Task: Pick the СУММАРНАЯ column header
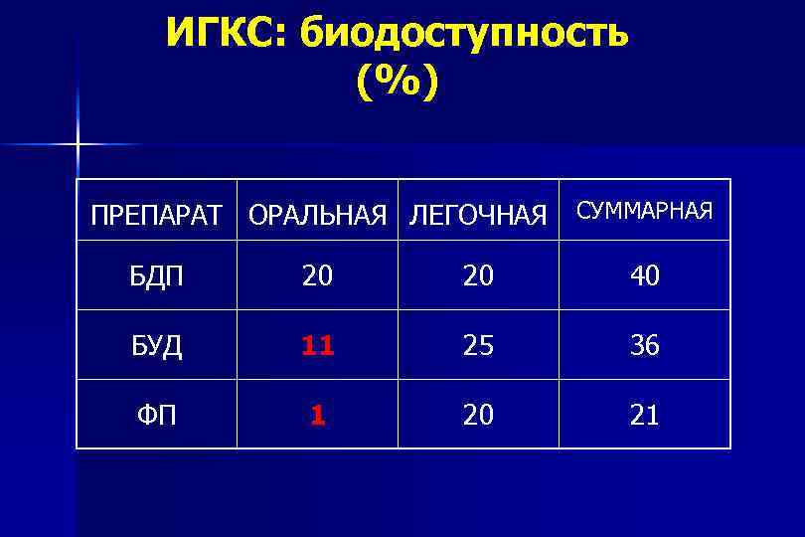coord(645,210)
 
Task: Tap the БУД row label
coord(157,346)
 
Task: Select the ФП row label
coord(157,415)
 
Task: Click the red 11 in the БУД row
coord(317,346)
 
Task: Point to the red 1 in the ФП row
coord(317,415)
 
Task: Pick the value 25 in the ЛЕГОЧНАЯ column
coord(478,346)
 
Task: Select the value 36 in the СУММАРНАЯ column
coord(645,346)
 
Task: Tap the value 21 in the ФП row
coord(645,415)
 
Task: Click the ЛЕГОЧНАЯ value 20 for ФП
coord(478,415)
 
